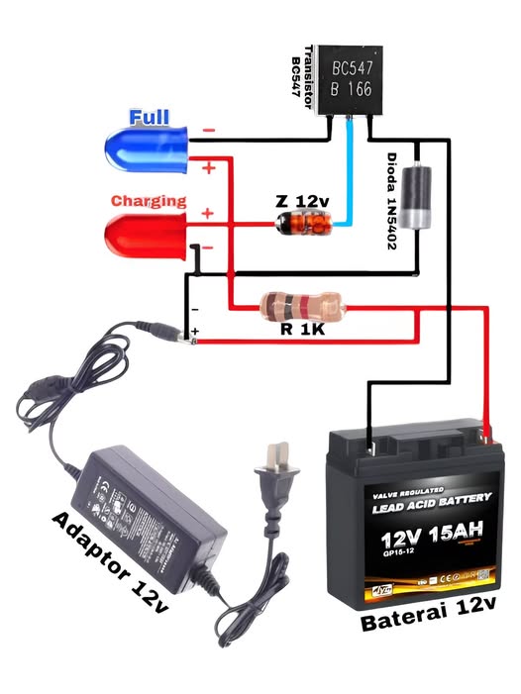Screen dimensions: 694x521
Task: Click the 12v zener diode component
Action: (303, 225)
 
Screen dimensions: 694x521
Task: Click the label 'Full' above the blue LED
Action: (150, 117)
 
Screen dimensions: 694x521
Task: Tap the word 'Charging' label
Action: (149, 200)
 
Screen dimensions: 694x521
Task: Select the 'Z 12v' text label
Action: (302, 201)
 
